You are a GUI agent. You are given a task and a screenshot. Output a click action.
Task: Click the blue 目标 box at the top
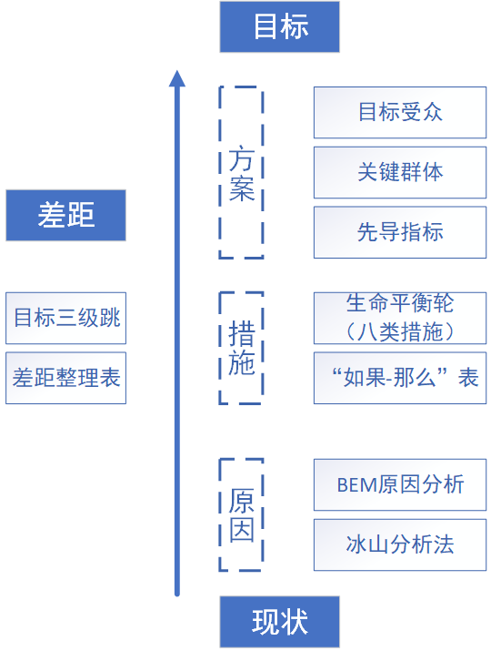coord(279,26)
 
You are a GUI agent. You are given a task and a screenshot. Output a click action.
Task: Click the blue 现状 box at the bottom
coord(279,622)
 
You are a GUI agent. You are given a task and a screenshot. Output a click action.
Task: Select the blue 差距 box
coord(65,215)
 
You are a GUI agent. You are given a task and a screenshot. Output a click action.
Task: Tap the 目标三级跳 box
coord(65,318)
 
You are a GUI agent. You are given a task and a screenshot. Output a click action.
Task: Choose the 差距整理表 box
coord(65,378)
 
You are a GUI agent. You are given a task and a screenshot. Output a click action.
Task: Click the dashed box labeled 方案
coord(241,173)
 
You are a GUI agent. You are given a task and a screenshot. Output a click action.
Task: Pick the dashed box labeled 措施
coord(241,348)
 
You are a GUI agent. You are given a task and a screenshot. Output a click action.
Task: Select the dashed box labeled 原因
coord(241,514)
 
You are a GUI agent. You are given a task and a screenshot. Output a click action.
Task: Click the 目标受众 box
coord(400,113)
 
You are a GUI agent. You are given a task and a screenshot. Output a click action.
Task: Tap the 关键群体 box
coord(400,172)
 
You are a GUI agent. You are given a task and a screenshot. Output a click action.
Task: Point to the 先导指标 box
coord(400,231)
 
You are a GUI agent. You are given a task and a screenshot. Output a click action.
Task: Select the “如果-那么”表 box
coord(400,377)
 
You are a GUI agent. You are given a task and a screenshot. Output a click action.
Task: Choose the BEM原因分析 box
coord(400,484)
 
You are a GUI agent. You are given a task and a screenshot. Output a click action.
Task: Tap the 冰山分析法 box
coord(400,544)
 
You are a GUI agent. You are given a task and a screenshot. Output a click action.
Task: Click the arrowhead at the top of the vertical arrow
coord(177,79)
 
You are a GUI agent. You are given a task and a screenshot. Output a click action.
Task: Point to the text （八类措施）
coord(400,331)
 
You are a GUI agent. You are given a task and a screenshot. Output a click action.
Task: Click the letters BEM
coord(356,484)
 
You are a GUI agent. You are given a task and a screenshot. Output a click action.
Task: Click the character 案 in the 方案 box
coord(241,189)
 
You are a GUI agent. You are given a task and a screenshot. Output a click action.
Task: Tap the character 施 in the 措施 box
coord(241,363)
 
